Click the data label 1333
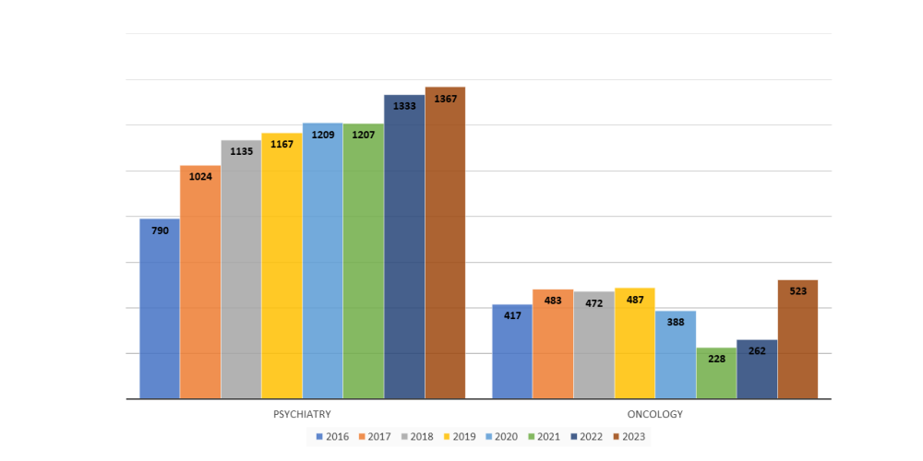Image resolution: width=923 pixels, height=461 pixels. [x=404, y=106]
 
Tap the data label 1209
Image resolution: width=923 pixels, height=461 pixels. [x=322, y=135]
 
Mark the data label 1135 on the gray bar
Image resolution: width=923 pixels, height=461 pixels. [x=241, y=152]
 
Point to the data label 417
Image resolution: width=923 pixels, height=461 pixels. [x=512, y=316]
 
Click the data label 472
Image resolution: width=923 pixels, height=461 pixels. [x=593, y=303]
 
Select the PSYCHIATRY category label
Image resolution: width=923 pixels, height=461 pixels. [x=302, y=415]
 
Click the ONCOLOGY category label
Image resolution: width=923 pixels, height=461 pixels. [x=654, y=415]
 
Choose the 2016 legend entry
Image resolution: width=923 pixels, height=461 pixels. [x=332, y=436]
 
